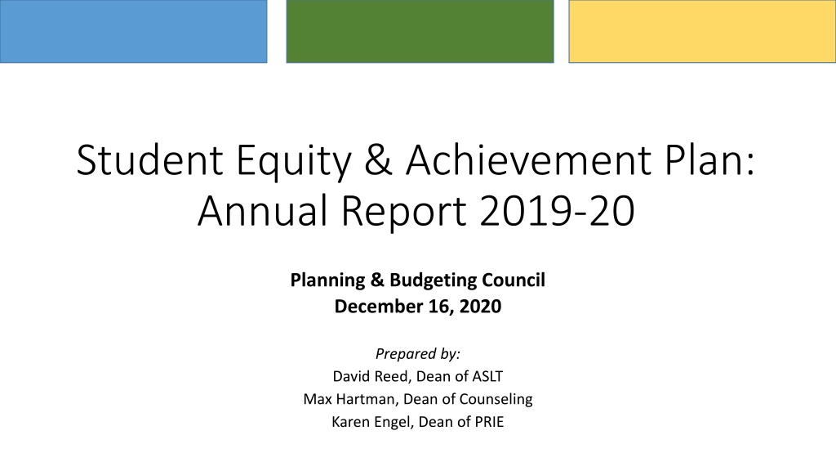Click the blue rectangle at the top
tap(133, 31)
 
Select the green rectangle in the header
tap(420, 31)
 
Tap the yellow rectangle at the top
tap(702, 31)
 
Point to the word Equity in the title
tap(294, 163)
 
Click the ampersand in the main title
tap(379, 160)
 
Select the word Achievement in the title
tap(528, 159)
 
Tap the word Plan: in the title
tap(710, 159)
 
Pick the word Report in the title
tap(403, 212)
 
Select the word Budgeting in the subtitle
tap(433, 281)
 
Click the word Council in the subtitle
tap(514, 280)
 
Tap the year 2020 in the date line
tap(480, 307)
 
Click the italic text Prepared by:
tap(418, 354)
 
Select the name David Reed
tap(371, 376)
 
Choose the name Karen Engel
tap(371, 422)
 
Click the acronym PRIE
tap(489, 422)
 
